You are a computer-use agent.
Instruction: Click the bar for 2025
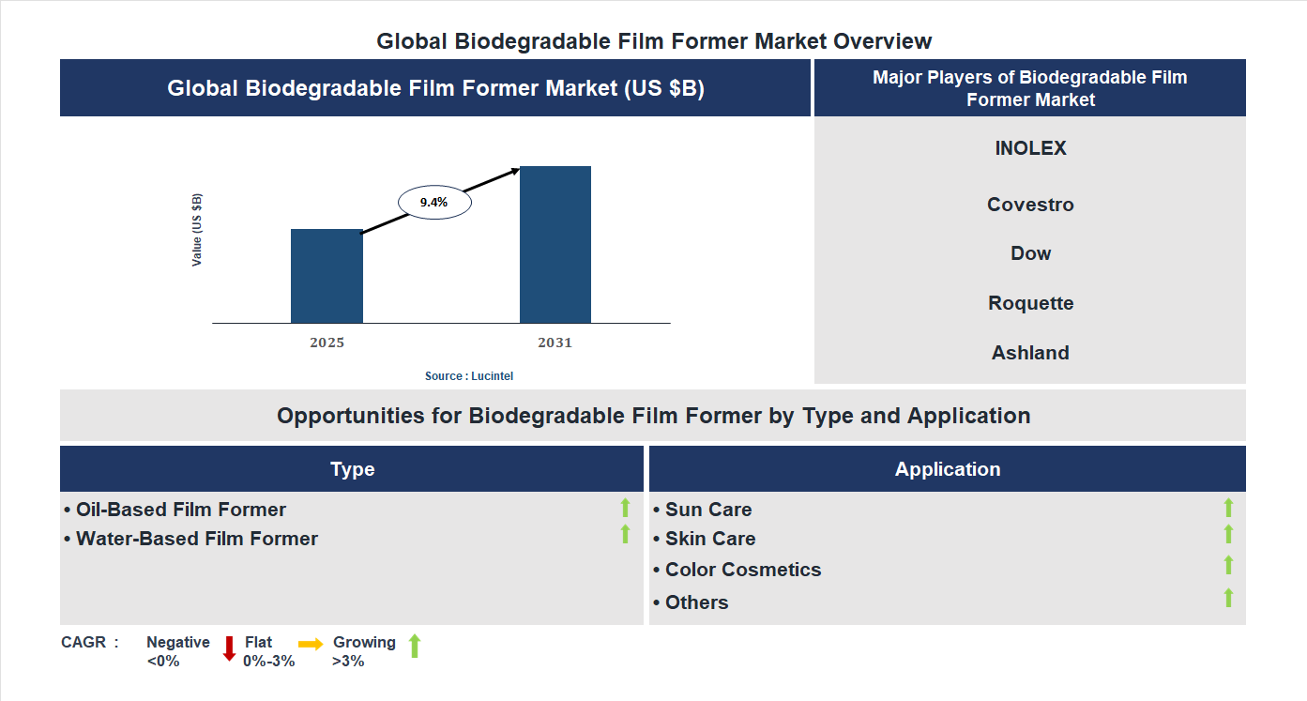[327, 276]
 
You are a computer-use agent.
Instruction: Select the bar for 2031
[555, 245]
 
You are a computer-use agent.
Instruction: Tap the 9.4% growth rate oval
[434, 202]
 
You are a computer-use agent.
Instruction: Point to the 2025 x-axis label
[327, 343]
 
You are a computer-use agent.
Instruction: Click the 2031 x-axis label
[555, 343]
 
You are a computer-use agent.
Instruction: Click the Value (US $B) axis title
[197, 230]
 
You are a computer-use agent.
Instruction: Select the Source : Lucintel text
[469, 375]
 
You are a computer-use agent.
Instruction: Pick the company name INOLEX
[1030, 148]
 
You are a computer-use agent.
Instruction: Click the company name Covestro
[1030, 205]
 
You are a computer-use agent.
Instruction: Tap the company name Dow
[1030, 253]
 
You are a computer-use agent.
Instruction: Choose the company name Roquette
[1030, 303]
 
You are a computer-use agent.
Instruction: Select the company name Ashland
[1030, 353]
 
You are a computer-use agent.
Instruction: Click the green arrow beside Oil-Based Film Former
[625, 508]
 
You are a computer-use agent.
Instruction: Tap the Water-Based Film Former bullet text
[196, 539]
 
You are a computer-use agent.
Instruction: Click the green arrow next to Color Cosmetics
[1228, 565]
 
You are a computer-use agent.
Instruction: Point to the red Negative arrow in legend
[229, 648]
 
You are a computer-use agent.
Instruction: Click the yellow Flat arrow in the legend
[311, 644]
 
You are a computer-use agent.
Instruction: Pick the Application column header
[947, 469]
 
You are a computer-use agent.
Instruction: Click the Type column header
[352, 469]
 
